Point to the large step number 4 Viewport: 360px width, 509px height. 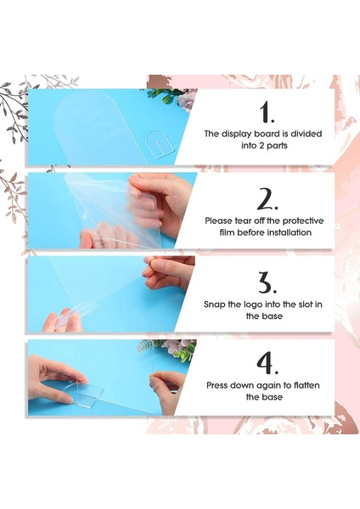pos(267,363)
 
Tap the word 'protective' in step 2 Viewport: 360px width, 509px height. pos(303,221)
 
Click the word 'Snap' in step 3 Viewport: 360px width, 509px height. pos(214,305)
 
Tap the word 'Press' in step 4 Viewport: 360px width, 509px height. pos(217,386)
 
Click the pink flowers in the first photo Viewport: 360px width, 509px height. pos(187,101)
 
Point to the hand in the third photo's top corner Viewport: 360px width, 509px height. pos(169,272)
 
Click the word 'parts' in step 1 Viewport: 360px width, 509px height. pos(278,146)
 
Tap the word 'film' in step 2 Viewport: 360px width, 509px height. pos(227,232)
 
